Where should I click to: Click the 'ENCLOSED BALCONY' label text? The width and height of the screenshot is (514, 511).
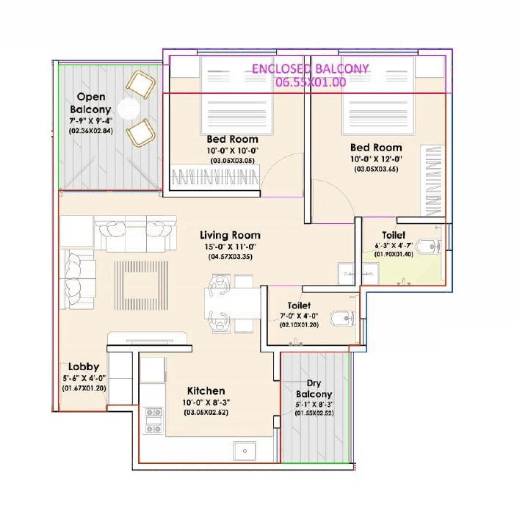pyautogui.click(x=310, y=69)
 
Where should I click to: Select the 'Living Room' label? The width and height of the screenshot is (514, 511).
pyautogui.click(x=230, y=236)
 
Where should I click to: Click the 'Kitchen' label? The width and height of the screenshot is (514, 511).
pyautogui.click(x=206, y=391)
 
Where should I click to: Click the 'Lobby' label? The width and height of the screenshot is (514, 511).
pyautogui.click(x=84, y=366)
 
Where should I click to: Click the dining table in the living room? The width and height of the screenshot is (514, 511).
pyautogui.click(x=233, y=301)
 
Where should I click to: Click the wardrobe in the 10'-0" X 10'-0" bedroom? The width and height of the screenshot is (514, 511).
pyautogui.click(x=216, y=176)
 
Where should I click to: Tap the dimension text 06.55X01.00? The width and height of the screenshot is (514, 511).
pyautogui.click(x=310, y=82)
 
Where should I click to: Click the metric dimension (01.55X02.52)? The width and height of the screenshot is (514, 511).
pyautogui.click(x=314, y=413)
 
